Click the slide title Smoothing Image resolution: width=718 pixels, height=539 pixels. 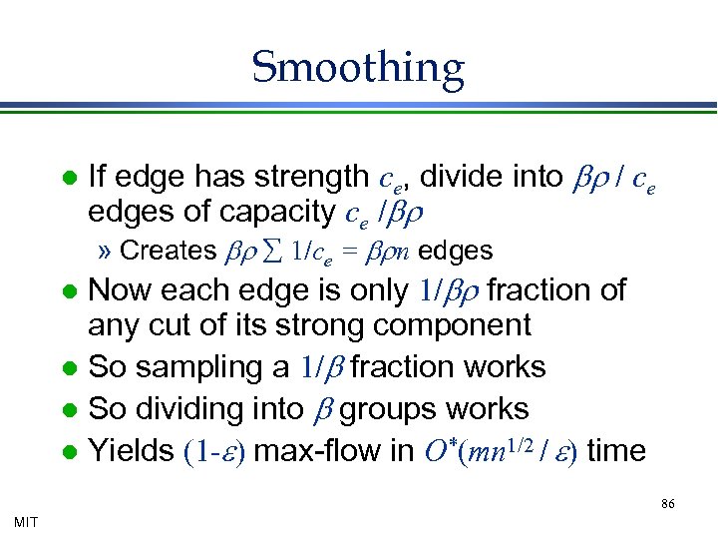[x=358, y=68]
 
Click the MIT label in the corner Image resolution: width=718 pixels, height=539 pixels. [x=27, y=521]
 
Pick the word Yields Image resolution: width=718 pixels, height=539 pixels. [x=132, y=451]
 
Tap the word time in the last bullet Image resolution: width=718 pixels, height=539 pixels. [x=616, y=451]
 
